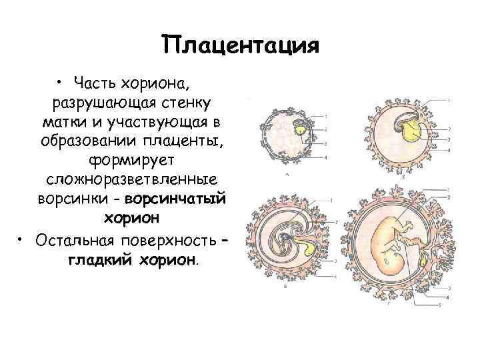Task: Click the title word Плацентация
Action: (x=241, y=46)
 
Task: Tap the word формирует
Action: (x=131, y=161)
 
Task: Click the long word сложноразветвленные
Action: (x=131, y=181)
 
